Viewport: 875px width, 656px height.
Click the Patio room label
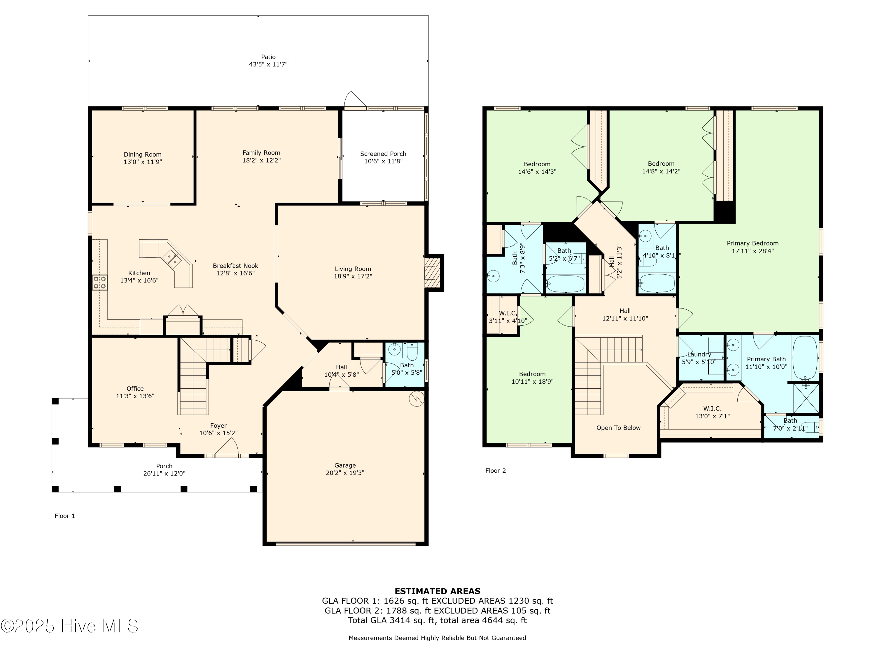268,57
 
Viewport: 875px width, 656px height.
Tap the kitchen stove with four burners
100,283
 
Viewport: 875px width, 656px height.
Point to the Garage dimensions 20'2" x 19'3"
345,473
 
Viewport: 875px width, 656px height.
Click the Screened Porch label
383,154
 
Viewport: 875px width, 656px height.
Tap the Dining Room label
142,155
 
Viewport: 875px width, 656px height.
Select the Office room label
135,389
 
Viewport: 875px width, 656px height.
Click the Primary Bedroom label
752,243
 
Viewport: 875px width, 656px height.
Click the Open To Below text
618,428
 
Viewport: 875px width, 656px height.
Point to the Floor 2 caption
496,471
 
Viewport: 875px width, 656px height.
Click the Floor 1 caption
65,516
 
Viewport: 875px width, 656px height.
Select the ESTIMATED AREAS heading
437,591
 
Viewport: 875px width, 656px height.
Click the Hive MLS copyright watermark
70,626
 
